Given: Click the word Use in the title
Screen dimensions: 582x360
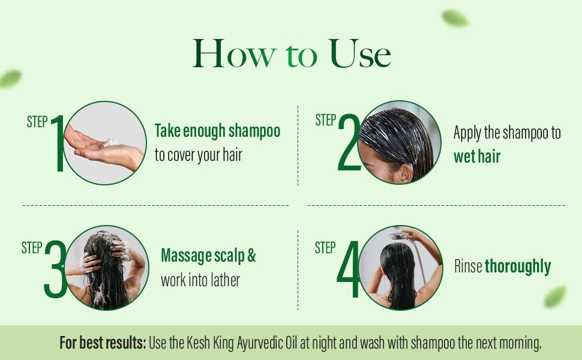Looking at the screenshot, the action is [360, 54].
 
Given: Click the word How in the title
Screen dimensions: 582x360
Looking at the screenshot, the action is [235, 54].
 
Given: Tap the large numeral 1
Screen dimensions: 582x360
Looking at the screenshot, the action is [59, 143].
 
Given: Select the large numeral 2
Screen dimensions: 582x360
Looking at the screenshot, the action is [349, 142].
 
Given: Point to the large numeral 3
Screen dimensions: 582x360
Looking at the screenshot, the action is [56, 269].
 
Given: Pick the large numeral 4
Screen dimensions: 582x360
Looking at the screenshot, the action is [348, 269].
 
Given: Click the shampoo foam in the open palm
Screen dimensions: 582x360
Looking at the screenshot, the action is [110, 143].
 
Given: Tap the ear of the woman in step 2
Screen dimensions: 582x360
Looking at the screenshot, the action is [403, 173].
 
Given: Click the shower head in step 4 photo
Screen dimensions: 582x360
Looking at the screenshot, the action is [398, 236].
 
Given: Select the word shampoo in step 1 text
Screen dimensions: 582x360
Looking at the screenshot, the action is [254, 131].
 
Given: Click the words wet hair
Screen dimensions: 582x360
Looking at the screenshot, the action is [477, 156].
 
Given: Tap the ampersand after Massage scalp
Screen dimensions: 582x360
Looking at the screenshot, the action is [251, 256].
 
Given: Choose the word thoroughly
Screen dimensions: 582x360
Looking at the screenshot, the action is [518, 267].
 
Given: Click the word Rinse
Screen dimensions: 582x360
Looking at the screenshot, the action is [468, 266].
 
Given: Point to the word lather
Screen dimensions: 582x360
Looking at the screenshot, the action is [226, 280].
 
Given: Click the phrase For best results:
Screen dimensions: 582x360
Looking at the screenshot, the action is [103, 343].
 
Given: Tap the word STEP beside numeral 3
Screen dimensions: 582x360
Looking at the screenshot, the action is [32, 248].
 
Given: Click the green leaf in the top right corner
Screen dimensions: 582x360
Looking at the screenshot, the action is [455, 18].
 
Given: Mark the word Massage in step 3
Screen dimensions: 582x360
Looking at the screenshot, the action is [184, 256].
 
